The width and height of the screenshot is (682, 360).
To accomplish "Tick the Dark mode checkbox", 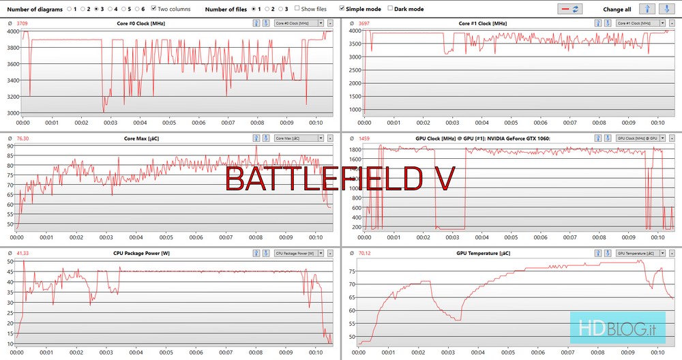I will coord(390,9).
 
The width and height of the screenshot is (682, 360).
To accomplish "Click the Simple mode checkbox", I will coord(342,9).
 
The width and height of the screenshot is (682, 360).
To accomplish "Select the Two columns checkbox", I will coord(153,9).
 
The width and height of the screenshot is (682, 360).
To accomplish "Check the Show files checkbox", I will coord(297,9).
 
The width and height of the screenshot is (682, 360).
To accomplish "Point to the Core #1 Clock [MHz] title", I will coord(483,23).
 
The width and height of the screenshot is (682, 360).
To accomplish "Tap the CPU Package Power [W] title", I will coord(141,253).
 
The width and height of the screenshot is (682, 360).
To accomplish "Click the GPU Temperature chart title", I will coord(483,253).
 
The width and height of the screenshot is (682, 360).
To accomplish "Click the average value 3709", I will coord(23,23).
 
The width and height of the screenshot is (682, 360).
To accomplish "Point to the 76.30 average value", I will coord(23,138).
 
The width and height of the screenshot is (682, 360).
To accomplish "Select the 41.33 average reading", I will coord(23,253).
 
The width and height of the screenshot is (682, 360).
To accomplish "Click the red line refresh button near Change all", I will coord(569,9).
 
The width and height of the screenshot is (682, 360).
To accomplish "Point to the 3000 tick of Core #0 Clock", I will coord(14,113).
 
